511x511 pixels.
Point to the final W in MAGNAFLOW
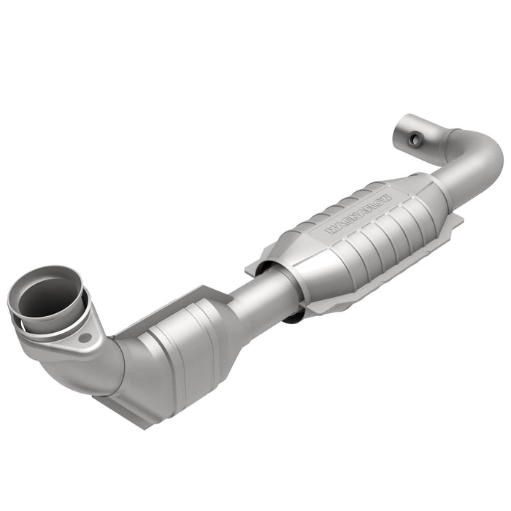[386, 198]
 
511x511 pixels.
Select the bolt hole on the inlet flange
[86, 338]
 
